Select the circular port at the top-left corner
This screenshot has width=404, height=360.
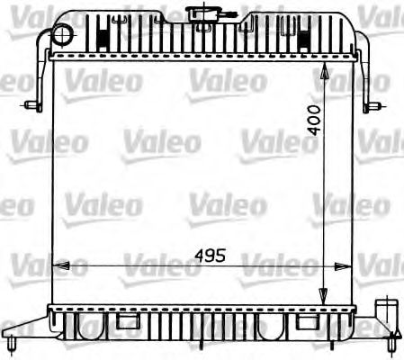point(61,34)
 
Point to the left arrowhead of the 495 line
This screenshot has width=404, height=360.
point(60,265)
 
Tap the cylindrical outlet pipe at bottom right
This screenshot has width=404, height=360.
point(389,317)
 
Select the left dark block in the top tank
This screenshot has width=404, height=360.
point(103,38)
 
